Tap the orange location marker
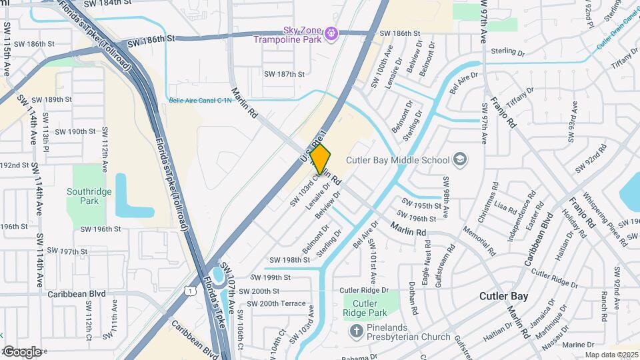(321, 159)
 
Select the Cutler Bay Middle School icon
(459, 159)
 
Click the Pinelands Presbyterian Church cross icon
(357, 331)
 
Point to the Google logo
(21, 351)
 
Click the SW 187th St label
(284, 74)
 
